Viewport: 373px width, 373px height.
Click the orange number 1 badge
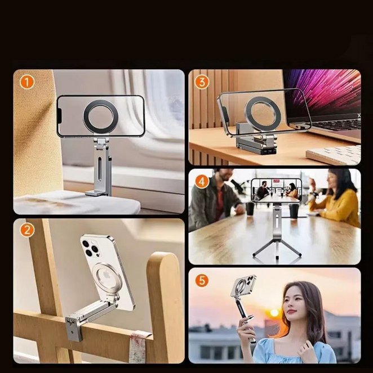[27, 82]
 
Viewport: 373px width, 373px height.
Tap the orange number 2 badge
[27, 230]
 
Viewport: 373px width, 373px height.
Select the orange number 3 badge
[202, 82]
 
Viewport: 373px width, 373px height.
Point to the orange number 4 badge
[202, 182]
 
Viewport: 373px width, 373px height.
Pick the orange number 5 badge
[202, 280]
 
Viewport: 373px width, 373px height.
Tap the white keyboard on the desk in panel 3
[334, 155]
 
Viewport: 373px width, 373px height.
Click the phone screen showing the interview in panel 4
[276, 190]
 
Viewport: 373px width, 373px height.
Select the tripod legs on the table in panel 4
[277, 251]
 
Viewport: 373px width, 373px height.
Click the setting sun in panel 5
[274, 313]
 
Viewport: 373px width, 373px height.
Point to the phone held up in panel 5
[243, 287]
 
